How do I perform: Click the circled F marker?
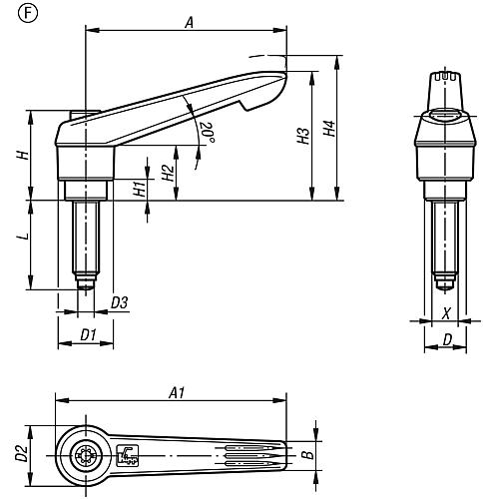pyautogui.click(x=28, y=13)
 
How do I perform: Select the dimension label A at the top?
pyautogui.click(x=189, y=23)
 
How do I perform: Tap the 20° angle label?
pyautogui.click(x=207, y=133)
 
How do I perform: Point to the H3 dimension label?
pyautogui.click(x=303, y=136)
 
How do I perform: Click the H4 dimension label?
pyautogui.click(x=329, y=128)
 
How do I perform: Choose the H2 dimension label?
pyautogui.click(x=169, y=173)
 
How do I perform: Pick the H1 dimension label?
pyautogui.click(x=140, y=189)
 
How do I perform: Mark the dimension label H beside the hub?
pyautogui.click(x=23, y=155)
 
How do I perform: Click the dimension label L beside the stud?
pyautogui.click(x=23, y=237)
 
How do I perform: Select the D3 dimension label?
pyautogui.click(x=120, y=302)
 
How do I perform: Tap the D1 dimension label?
pyautogui.click(x=88, y=334)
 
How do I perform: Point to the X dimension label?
pyautogui.click(x=447, y=313)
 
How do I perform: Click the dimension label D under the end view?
pyautogui.click(x=448, y=339)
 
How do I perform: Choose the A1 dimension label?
pyautogui.click(x=177, y=392)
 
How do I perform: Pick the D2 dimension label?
pyautogui.click(x=21, y=453)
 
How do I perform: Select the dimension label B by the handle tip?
pyautogui.click(x=309, y=455)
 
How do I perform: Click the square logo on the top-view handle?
pyautogui.click(x=128, y=455)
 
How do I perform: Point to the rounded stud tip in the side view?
pyautogui.click(x=86, y=285)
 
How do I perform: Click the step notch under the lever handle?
pyautogui.click(x=245, y=106)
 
